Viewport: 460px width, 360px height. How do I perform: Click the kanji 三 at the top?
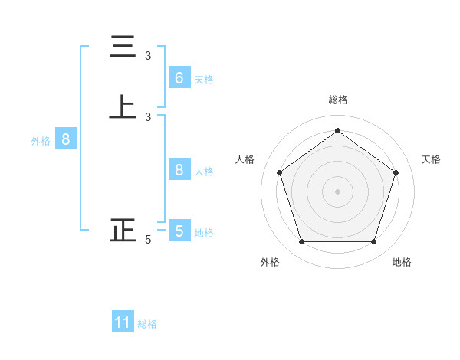[x=123, y=47]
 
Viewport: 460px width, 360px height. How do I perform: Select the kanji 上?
[x=123, y=108]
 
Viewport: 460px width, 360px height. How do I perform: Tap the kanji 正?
[x=123, y=231]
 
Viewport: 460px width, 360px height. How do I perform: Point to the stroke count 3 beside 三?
[x=148, y=56]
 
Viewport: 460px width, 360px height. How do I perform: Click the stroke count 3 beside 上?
[x=148, y=117]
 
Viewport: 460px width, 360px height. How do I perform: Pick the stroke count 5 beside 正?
[x=148, y=240]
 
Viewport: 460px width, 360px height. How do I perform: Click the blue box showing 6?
[x=179, y=77]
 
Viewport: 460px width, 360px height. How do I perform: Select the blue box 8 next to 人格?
[x=179, y=170]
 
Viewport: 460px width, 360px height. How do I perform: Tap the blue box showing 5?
[x=179, y=231]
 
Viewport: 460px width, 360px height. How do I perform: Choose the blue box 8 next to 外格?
[x=66, y=139]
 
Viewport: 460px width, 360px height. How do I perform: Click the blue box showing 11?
[x=123, y=322]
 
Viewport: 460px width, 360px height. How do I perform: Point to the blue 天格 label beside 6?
[x=204, y=79]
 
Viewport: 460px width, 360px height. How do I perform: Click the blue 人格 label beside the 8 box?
[x=204, y=172]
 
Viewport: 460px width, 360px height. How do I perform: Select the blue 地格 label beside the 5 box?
[x=204, y=232]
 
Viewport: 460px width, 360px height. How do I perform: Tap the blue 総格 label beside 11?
[x=147, y=324]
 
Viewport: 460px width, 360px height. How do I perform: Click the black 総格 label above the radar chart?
[x=337, y=100]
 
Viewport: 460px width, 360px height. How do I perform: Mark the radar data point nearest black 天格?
[x=396, y=172]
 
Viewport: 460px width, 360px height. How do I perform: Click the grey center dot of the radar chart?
[x=337, y=191]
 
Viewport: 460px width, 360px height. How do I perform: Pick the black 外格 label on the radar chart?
[x=270, y=262]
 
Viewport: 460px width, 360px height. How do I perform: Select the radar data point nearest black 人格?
[x=279, y=172]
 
